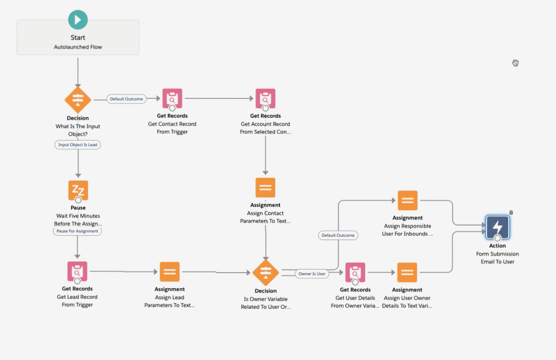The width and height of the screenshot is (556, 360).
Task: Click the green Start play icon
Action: point(78,20)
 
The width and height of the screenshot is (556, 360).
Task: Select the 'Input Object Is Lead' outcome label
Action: point(78,144)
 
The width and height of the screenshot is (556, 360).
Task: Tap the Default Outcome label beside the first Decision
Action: point(126,99)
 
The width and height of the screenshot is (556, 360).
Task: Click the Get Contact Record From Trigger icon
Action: point(172,98)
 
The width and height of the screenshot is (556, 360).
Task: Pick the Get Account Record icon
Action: point(265,98)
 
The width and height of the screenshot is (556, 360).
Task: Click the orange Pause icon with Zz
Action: point(78,190)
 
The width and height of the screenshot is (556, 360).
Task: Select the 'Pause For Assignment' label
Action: point(77,231)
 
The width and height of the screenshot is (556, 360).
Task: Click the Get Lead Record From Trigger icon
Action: point(77,271)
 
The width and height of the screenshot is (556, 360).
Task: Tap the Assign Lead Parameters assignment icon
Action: point(170,272)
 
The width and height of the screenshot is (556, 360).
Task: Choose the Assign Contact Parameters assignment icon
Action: point(265,188)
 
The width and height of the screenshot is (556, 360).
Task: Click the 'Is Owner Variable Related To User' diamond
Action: point(266,273)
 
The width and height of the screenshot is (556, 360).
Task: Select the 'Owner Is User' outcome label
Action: point(312,274)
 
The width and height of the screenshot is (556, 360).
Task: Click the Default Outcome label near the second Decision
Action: point(338,235)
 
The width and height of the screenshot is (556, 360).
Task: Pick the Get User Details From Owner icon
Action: point(355,272)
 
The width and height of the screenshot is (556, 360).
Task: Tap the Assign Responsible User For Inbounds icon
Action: point(408,200)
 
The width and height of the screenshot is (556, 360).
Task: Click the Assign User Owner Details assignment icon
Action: point(407,272)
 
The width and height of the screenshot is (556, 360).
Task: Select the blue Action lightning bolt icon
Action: point(498,227)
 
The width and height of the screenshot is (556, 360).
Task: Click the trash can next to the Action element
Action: point(511,212)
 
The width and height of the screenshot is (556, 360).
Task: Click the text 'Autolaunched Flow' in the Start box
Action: point(78,47)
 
